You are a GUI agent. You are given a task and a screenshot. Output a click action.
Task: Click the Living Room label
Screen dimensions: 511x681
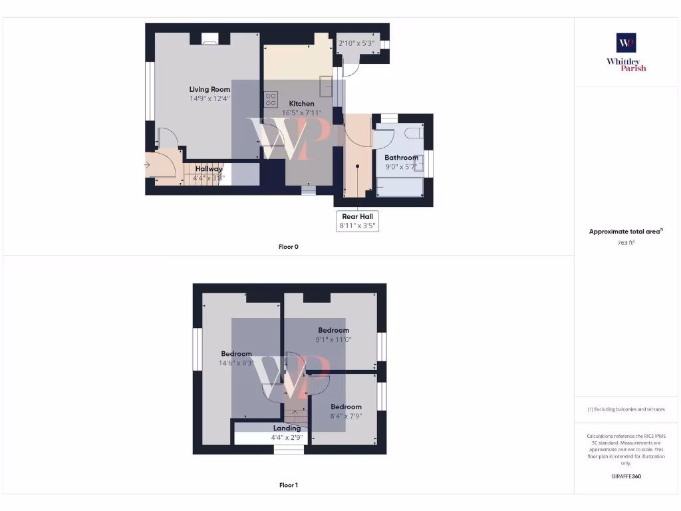[x=209, y=89]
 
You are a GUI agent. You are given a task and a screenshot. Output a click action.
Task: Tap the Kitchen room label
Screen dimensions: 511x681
[x=301, y=104]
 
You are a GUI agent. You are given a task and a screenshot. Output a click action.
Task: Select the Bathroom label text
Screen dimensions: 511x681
[x=401, y=158]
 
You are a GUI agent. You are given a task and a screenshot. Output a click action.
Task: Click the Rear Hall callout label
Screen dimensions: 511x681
[x=358, y=216]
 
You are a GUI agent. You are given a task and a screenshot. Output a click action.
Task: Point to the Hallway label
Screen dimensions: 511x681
[x=209, y=169]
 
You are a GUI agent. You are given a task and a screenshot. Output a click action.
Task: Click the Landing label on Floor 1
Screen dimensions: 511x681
[x=287, y=428]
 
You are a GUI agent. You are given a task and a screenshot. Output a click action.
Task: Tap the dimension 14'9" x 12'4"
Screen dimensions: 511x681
[x=209, y=98]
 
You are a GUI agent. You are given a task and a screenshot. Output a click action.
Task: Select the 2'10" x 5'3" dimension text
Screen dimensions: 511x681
[x=356, y=44]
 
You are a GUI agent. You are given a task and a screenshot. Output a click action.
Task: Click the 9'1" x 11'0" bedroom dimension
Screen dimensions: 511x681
[x=333, y=339]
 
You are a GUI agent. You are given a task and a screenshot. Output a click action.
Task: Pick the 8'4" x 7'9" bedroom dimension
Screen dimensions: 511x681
[x=346, y=416]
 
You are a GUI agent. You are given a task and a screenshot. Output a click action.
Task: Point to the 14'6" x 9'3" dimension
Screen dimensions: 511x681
[x=236, y=363]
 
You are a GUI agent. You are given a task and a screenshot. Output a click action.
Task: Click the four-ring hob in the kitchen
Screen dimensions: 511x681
[x=271, y=99]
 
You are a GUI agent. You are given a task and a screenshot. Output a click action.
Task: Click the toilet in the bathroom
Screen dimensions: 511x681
[x=413, y=132]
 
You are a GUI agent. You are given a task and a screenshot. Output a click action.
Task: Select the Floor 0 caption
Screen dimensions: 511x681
[x=288, y=247]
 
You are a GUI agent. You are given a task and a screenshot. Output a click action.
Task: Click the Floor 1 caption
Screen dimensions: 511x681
[x=288, y=485]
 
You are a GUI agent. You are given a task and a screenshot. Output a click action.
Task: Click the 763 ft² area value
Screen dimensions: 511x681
[x=626, y=243]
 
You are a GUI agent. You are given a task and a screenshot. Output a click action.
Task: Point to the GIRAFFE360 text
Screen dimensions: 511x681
[x=626, y=476]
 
